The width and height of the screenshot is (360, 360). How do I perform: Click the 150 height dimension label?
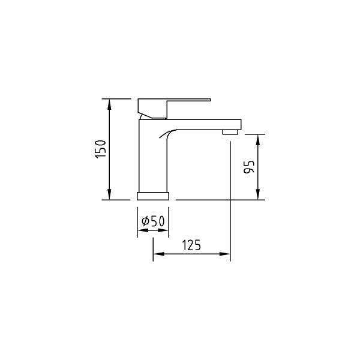point(101,149)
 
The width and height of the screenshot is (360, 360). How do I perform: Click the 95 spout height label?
point(249,167)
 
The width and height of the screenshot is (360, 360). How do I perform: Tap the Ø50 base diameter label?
point(153,221)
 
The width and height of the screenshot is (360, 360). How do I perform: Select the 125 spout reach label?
point(191,245)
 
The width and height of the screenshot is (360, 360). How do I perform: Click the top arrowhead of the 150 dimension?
point(109,104)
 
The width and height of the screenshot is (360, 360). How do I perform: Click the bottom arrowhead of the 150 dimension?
point(109,194)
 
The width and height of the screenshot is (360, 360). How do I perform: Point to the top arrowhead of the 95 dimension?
point(258,139)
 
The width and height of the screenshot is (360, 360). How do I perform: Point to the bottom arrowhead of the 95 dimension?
point(258,194)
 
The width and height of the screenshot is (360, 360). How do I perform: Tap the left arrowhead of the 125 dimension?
point(158,254)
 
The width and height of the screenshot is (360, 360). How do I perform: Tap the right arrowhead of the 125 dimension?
point(225,254)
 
